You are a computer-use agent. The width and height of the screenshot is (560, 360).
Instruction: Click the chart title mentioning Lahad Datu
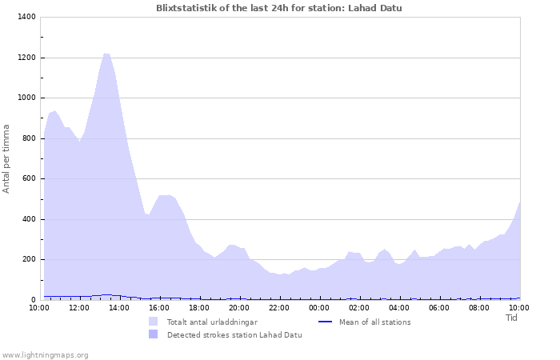click(279, 8)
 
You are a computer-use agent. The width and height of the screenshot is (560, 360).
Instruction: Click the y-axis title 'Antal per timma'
click(6, 158)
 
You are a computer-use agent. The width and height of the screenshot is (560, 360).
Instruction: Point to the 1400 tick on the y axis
click(26, 18)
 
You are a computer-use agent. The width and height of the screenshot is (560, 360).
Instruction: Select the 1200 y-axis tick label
click(26, 58)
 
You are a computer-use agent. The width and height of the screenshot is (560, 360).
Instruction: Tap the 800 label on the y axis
click(29, 138)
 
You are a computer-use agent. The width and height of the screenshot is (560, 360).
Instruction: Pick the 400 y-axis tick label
click(29, 219)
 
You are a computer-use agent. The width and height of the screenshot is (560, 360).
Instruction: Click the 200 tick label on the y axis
click(29, 259)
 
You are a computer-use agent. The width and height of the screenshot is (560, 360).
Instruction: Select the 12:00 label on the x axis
click(79, 307)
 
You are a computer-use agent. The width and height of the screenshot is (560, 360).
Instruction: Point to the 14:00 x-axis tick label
click(119, 307)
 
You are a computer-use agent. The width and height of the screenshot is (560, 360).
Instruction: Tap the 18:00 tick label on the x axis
click(199, 307)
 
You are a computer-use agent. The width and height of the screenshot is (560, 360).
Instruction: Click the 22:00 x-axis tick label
click(279, 307)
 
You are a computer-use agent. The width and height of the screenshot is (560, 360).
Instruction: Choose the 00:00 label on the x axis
click(319, 307)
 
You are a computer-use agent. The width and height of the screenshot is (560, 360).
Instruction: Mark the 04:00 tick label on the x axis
click(399, 307)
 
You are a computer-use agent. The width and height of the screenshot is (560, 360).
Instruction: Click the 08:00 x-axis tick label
click(479, 307)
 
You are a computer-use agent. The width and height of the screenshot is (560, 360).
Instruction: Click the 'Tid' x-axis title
click(512, 318)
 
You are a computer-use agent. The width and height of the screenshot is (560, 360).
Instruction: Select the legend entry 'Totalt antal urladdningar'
click(212, 322)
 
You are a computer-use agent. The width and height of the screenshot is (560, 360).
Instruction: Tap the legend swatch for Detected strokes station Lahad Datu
click(153, 334)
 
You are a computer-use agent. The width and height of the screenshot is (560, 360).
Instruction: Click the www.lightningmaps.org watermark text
click(45, 354)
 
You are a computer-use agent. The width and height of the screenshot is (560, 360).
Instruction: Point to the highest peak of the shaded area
click(106, 54)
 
